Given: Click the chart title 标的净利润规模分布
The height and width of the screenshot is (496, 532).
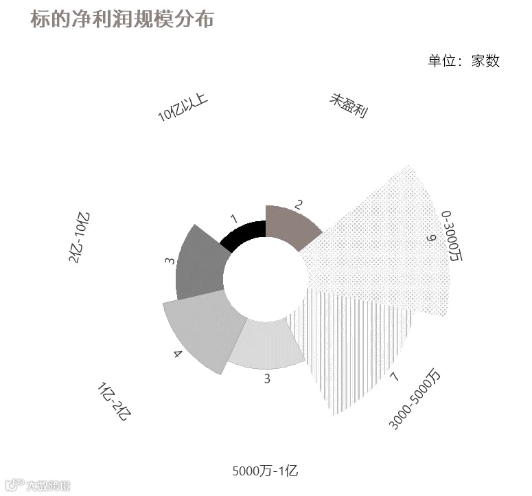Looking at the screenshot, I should click(122, 19).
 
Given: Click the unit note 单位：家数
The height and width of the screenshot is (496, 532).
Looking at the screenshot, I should click(463, 60).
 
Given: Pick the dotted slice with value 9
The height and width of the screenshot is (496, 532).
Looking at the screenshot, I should click(384, 240).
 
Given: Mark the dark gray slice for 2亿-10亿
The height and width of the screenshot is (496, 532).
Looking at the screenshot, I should click(199, 264).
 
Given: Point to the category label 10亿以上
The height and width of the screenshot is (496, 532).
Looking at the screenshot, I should click(183, 108).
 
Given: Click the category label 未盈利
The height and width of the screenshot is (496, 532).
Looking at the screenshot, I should click(349, 107).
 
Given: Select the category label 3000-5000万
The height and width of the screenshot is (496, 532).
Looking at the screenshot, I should click(415, 400).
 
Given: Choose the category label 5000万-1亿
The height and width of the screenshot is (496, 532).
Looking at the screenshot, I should click(265, 471).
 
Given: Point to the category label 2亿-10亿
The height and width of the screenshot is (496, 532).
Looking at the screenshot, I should click(78, 237).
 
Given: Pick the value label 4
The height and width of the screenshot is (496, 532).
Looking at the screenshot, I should click(178, 354).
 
